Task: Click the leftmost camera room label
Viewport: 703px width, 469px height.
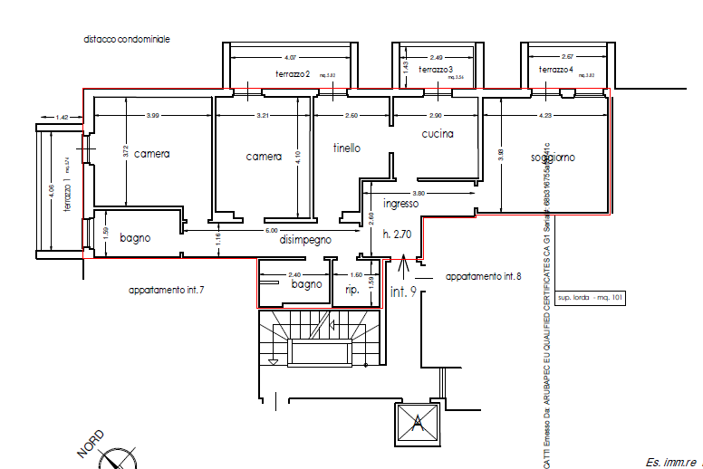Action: (x=151, y=154)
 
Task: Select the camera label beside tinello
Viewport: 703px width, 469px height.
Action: (x=264, y=157)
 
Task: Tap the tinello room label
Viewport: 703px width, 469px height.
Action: (x=347, y=148)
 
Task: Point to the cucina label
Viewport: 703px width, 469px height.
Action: (x=437, y=134)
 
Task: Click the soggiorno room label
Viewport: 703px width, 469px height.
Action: (x=553, y=158)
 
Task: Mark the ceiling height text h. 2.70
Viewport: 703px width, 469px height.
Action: (x=397, y=234)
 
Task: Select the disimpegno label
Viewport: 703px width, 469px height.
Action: (x=304, y=240)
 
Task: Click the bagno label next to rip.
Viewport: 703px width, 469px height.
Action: (x=306, y=284)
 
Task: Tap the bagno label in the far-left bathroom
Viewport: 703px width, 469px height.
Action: (x=135, y=238)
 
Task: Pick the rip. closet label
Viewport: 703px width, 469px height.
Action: (x=352, y=290)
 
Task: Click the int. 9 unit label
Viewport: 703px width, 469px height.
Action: (x=403, y=292)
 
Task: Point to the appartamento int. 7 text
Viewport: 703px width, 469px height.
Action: (x=166, y=290)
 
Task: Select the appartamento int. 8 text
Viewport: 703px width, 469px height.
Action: (x=483, y=275)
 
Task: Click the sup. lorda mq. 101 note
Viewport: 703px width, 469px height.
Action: (x=590, y=297)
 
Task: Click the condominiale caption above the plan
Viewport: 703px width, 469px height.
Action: (x=127, y=40)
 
